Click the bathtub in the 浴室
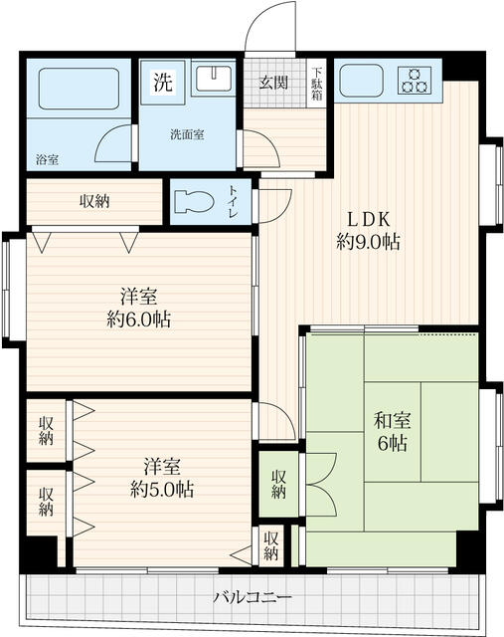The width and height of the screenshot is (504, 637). click(80, 89)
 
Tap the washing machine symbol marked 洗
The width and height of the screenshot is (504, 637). click(163, 83)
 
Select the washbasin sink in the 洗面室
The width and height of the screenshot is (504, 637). click(214, 78)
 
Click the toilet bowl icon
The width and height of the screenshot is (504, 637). click(194, 201)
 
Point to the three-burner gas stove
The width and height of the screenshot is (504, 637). click(415, 80)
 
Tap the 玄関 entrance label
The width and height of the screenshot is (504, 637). click(273, 83)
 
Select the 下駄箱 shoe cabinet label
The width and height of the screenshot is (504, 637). click(317, 83)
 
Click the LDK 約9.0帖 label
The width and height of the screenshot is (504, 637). click(368, 230)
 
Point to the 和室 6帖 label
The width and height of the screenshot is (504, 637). click(392, 431)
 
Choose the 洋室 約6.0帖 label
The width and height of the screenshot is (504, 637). click(138, 308)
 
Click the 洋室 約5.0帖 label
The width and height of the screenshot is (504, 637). click(161, 478)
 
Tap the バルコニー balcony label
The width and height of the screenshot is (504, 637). click(252, 597)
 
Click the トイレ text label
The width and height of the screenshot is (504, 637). click(233, 201)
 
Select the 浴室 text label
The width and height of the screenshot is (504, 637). click(47, 159)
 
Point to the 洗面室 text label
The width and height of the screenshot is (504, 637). click(187, 134)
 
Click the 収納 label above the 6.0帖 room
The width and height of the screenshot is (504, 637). click(94, 201)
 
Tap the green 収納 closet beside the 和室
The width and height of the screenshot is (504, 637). click(278, 485)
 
